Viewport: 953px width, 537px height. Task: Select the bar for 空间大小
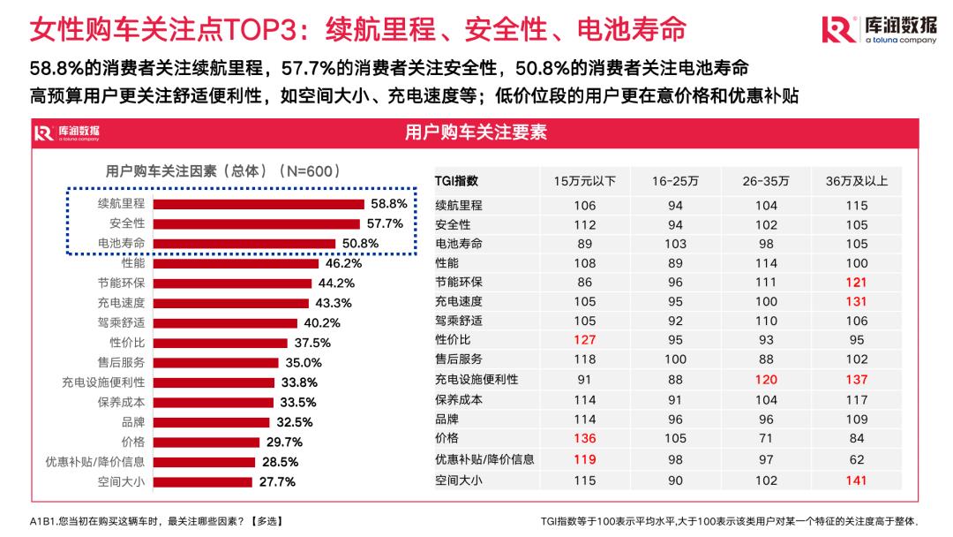[203, 482]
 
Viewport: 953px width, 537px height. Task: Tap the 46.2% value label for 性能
[344, 263]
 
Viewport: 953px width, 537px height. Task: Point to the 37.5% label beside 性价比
[312, 343]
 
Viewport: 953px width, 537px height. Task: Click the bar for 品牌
[212, 422]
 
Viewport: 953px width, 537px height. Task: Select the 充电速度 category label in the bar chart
[122, 303]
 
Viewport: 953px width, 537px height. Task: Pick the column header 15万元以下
[584, 181]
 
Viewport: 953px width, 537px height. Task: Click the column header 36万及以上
[856, 181]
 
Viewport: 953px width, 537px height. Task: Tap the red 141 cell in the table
[856, 480]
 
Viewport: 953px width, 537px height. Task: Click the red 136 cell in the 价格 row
[584, 439]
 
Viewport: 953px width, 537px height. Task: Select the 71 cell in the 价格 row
[765, 439]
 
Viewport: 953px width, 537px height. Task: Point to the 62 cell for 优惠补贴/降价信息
[856, 459]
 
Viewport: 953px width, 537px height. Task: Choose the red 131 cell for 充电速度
[856, 301]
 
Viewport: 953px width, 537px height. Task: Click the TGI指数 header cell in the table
[457, 181]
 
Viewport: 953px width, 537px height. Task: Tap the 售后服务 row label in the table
[459, 359]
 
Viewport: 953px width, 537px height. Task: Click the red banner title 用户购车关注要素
[476, 132]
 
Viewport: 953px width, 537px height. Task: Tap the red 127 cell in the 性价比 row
[584, 340]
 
